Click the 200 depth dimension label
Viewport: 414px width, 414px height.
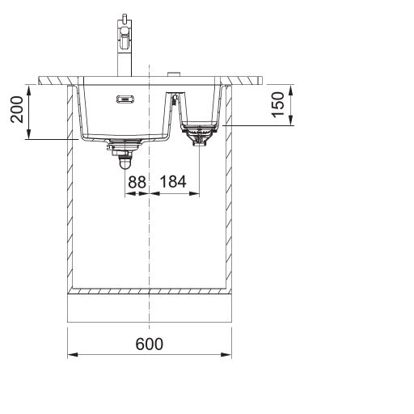17,109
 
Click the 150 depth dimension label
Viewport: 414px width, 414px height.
278,105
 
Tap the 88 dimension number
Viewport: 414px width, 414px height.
137,182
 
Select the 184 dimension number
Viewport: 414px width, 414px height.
173,182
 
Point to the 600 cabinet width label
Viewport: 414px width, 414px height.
149,344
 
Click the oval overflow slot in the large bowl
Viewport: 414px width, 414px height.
125,99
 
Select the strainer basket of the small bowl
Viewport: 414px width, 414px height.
199,133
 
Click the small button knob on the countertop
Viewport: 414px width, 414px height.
174,74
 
